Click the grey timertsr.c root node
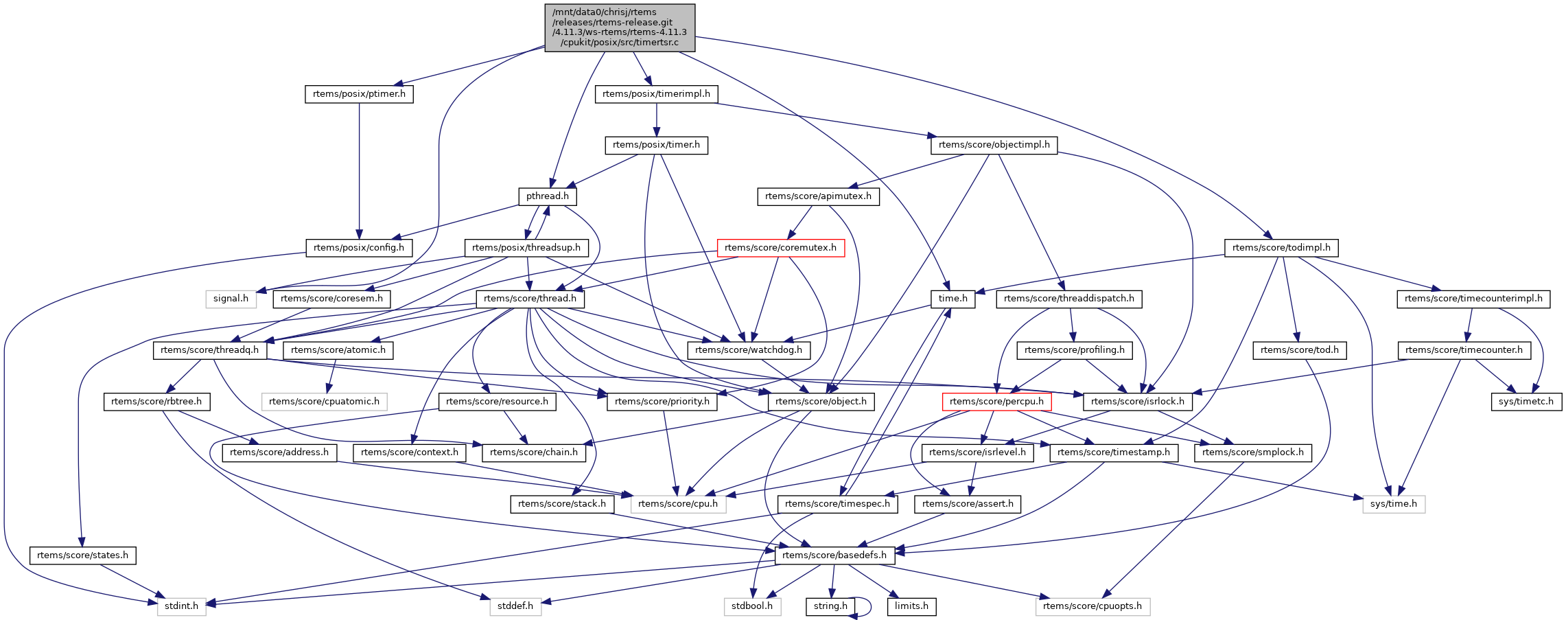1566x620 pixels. (x=620, y=27)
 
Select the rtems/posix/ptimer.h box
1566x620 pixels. (x=359, y=94)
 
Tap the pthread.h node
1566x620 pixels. (x=547, y=196)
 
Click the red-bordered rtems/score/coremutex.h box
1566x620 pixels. (x=780, y=248)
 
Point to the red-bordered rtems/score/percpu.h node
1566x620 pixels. (x=996, y=402)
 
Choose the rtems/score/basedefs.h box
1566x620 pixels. (x=834, y=555)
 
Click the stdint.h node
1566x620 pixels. (x=181, y=606)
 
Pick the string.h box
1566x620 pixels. (x=830, y=606)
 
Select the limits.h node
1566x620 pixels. (x=911, y=606)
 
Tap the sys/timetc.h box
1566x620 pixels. (x=1526, y=402)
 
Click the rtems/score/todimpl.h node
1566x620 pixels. (x=1281, y=248)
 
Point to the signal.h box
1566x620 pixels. (x=231, y=299)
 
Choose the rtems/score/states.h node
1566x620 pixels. (x=82, y=555)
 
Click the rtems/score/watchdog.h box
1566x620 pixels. (x=748, y=350)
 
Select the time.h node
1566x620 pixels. (x=953, y=299)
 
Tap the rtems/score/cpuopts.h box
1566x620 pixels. (x=1092, y=606)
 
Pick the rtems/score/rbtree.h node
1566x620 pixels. (x=156, y=402)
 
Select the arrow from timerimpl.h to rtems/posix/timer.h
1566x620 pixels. (x=657, y=119)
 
